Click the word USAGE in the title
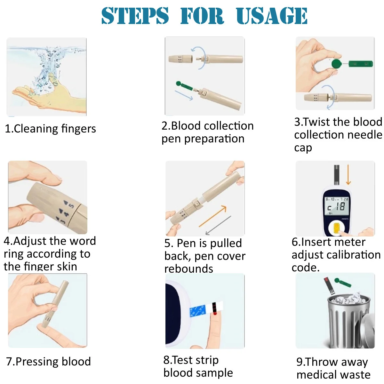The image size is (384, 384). point(272,16)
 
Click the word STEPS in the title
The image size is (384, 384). point(135,16)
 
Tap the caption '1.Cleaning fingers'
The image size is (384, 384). point(50,129)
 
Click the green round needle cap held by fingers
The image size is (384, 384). point(337,64)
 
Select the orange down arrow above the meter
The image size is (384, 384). point(348,174)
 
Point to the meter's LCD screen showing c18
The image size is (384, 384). point(337,206)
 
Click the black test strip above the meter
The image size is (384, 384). point(337,175)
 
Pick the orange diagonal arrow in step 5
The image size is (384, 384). point(213,216)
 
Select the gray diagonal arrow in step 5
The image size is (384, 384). point(218,225)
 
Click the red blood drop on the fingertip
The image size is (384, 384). point(215,314)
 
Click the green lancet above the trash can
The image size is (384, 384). point(343,282)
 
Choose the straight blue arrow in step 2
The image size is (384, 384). point(184,95)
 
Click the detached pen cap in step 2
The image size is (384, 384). point(180,59)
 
